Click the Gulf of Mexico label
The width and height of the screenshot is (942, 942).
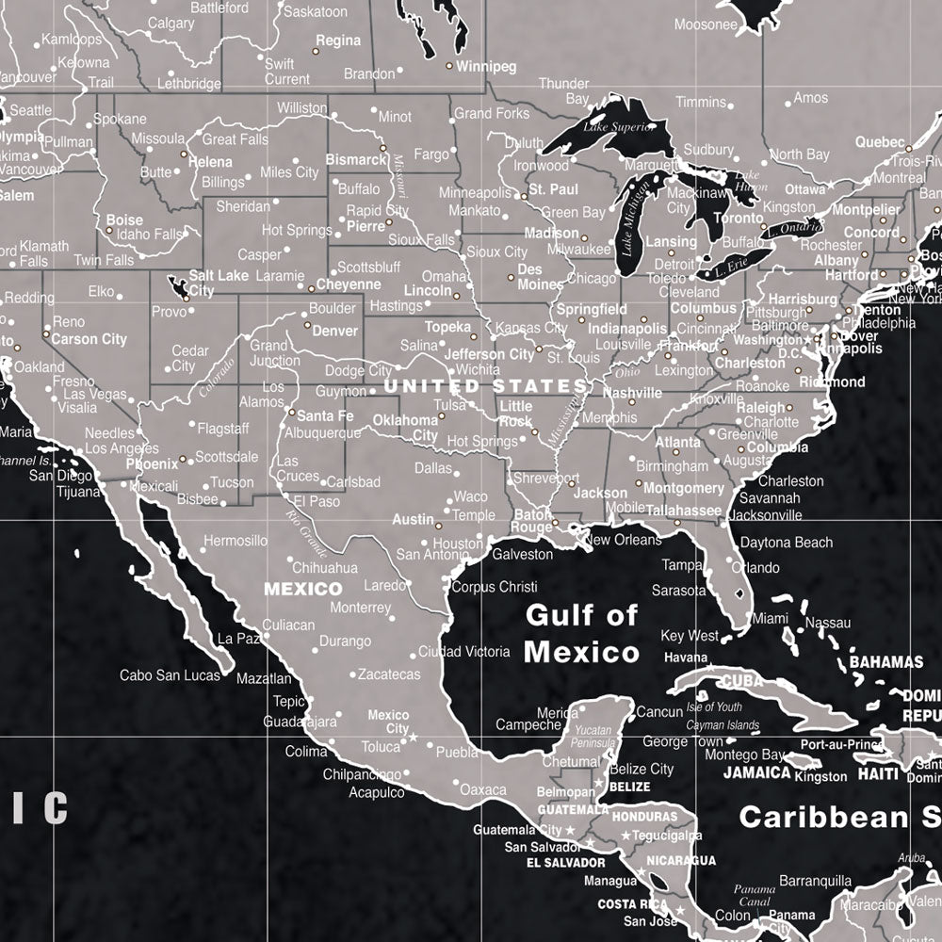[581, 633]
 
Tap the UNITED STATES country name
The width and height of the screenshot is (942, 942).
[485, 386]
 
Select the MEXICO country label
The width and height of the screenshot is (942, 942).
[302, 589]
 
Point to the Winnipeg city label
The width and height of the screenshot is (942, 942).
[487, 67]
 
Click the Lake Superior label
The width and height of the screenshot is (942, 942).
[618, 127]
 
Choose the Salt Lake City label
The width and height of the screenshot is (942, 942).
[219, 283]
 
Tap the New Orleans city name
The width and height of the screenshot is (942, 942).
[624, 540]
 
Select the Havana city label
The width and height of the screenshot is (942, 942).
[686, 658]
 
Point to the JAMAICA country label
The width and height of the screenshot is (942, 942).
[756, 772]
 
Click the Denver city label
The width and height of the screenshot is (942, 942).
[335, 331]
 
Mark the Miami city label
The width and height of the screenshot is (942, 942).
[770, 618]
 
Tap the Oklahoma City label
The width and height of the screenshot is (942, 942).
[406, 428]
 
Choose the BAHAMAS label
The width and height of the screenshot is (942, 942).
[886, 661]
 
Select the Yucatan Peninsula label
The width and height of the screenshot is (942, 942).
[594, 736]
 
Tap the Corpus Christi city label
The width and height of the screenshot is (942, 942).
[495, 586]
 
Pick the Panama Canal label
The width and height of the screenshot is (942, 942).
[754, 895]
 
